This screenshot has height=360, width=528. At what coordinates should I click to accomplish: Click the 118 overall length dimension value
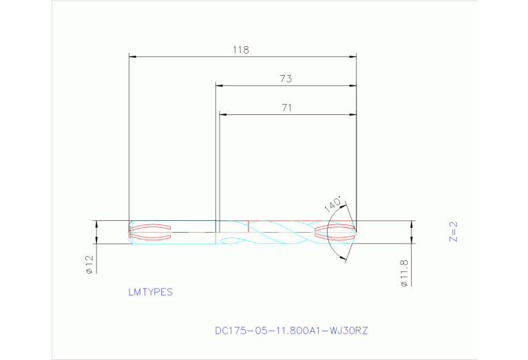click(240, 50)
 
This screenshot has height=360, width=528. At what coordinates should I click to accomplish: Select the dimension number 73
click(286, 79)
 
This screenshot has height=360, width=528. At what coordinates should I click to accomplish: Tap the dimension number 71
click(287, 107)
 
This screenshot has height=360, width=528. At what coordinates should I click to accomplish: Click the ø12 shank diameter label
click(89, 266)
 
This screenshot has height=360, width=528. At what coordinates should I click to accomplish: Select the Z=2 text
click(453, 232)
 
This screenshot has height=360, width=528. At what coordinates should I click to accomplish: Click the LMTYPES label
click(150, 292)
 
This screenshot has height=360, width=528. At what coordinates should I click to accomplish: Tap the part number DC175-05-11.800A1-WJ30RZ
click(291, 331)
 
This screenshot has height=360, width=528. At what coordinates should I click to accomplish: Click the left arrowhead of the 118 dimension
click(133, 56)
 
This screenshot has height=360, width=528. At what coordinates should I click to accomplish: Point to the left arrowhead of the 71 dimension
click(222, 114)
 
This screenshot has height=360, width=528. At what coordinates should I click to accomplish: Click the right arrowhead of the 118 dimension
click(353, 56)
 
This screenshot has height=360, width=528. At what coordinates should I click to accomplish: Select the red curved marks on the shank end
click(150, 232)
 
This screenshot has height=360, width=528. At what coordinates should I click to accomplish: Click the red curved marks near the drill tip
click(334, 232)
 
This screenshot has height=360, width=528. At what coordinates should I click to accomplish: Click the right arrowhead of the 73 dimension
click(353, 85)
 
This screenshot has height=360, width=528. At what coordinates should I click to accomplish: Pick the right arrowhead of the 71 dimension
click(353, 114)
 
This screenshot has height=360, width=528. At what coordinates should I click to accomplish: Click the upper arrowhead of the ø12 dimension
click(96, 224)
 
